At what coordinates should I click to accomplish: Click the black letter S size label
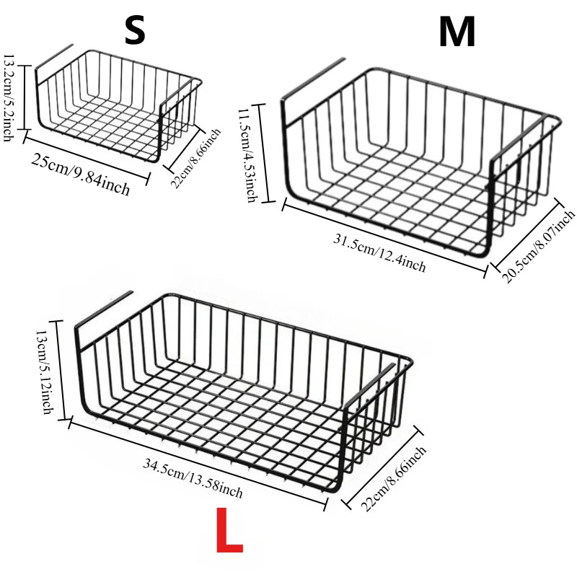pyautogui.click(x=135, y=31)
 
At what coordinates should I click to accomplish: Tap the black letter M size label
pyautogui.click(x=457, y=32)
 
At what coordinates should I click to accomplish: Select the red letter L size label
pyautogui.click(x=229, y=530)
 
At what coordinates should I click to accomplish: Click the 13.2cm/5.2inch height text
pyautogui.click(x=9, y=97)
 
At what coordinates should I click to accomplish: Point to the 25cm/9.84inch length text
pyautogui.click(x=81, y=175)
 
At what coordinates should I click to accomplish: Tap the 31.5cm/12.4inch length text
pyautogui.click(x=379, y=252)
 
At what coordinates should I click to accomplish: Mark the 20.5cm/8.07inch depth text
pyautogui.click(x=539, y=246)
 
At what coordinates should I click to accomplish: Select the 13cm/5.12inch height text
pyautogui.click(x=45, y=371)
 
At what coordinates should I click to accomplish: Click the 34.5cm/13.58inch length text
pyautogui.click(x=193, y=478)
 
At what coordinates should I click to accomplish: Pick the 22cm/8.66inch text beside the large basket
pyautogui.click(x=393, y=478)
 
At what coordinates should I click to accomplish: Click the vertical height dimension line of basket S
pyautogui.click(x=25, y=97)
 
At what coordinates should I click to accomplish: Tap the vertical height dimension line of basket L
pyautogui.click(x=61, y=370)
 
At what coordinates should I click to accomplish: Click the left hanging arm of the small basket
pyautogui.click(x=54, y=58)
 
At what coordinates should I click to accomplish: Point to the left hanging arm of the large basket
pyautogui.click(x=103, y=309)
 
